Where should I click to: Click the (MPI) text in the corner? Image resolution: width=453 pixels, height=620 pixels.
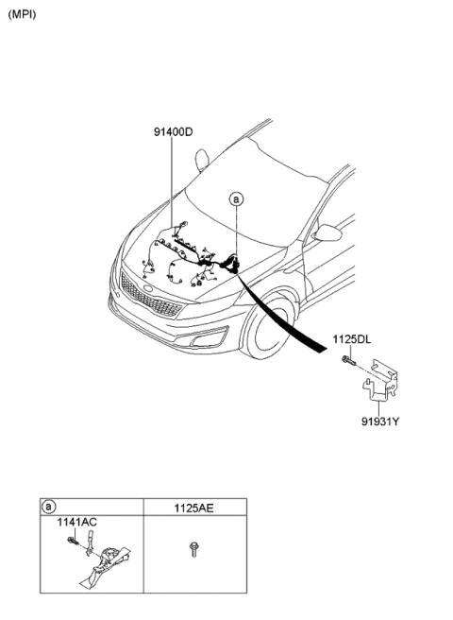22,14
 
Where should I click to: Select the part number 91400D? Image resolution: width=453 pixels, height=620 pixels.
174,131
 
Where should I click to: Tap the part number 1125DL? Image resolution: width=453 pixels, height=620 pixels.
351,339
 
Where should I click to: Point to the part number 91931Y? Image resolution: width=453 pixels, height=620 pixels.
380,422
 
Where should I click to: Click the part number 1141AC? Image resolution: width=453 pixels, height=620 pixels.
77,522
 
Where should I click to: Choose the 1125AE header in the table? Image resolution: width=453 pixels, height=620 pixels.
193,508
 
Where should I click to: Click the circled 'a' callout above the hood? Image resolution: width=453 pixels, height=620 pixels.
236,199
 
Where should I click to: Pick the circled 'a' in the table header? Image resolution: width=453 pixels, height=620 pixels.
48,507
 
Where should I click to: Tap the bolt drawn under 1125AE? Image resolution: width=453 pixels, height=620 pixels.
193,549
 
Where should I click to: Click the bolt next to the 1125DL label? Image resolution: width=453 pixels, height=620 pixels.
349,361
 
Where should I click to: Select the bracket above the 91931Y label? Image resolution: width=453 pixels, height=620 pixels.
380,380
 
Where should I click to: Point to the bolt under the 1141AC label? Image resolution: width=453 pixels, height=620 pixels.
73,541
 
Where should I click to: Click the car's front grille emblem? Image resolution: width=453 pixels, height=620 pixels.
148,288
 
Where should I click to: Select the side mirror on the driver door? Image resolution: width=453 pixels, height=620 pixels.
327,232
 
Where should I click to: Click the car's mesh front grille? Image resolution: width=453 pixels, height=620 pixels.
149,296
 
